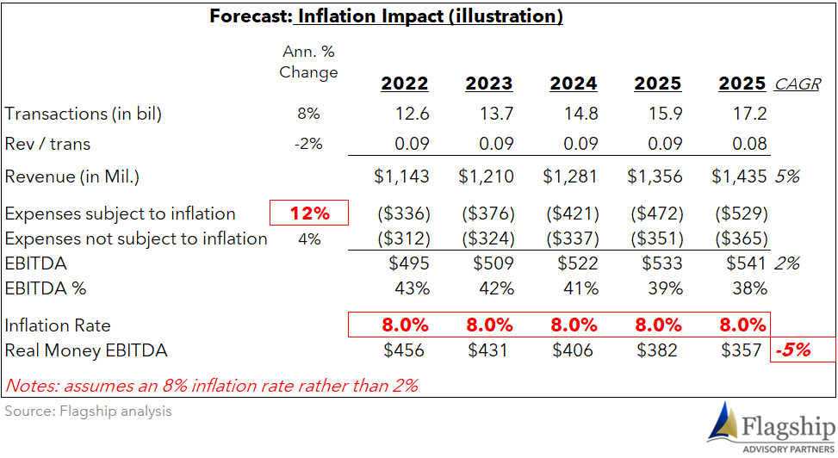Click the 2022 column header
pyautogui.click(x=405, y=84)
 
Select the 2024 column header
pyautogui.click(x=574, y=84)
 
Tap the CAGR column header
pyautogui.click(x=798, y=84)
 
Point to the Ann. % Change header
pyautogui.click(x=308, y=62)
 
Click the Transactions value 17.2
pyautogui.click(x=750, y=114)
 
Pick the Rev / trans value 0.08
pyautogui.click(x=750, y=143)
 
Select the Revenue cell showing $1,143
pyautogui.click(x=401, y=176)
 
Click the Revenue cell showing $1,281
pyautogui.click(x=570, y=176)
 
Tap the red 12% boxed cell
pyautogui.click(x=309, y=213)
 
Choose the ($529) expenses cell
pyautogui.click(x=742, y=214)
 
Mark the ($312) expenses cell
pyautogui.click(x=404, y=238)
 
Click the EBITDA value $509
pyautogui.click(x=493, y=263)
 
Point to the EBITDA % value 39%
pyautogui.click(x=666, y=288)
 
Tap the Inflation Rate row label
pyautogui.click(x=58, y=325)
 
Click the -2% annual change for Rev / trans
pyautogui.click(x=309, y=143)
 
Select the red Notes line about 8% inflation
pyautogui.click(x=212, y=386)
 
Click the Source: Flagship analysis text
pyautogui.click(x=88, y=411)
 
